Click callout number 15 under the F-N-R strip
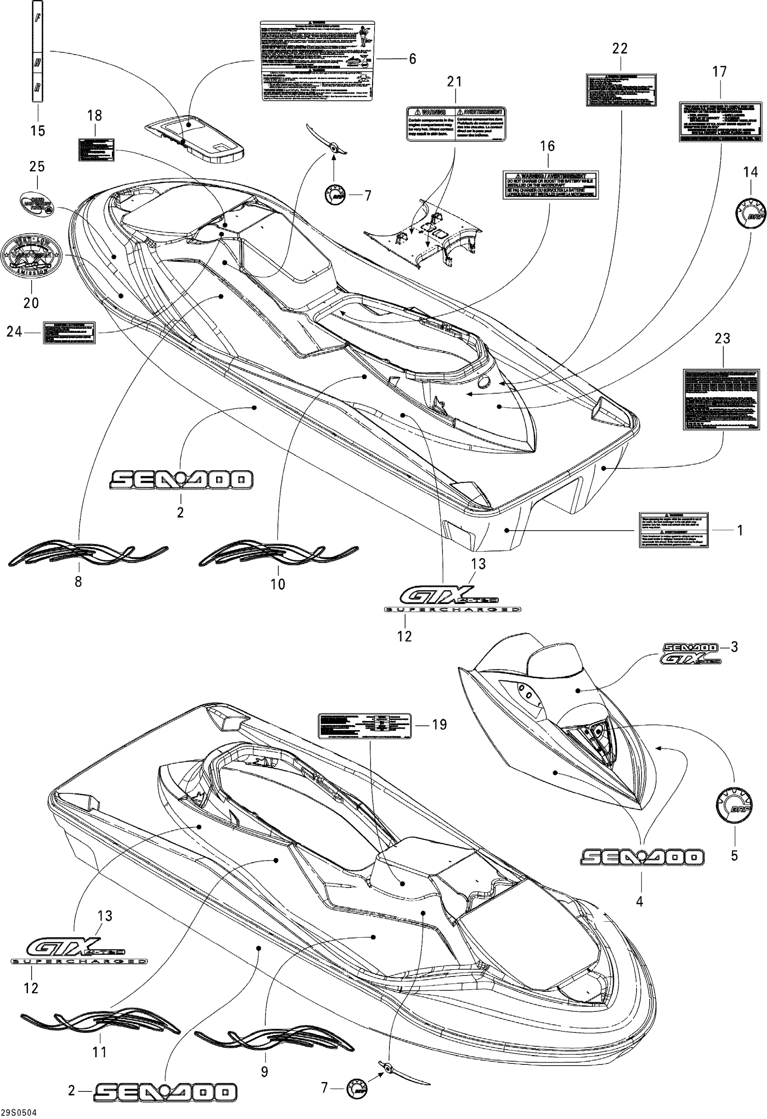tap(37, 130)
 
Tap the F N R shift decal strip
tap(37, 51)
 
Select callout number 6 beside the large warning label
tap(412, 59)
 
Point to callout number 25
tap(37, 166)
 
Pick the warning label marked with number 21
tap(456, 124)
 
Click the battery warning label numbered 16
tap(550, 185)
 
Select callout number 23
tap(722, 338)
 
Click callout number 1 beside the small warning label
tap(740, 530)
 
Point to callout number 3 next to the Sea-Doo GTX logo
tap(734, 647)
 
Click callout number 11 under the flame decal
tap(99, 1053)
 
